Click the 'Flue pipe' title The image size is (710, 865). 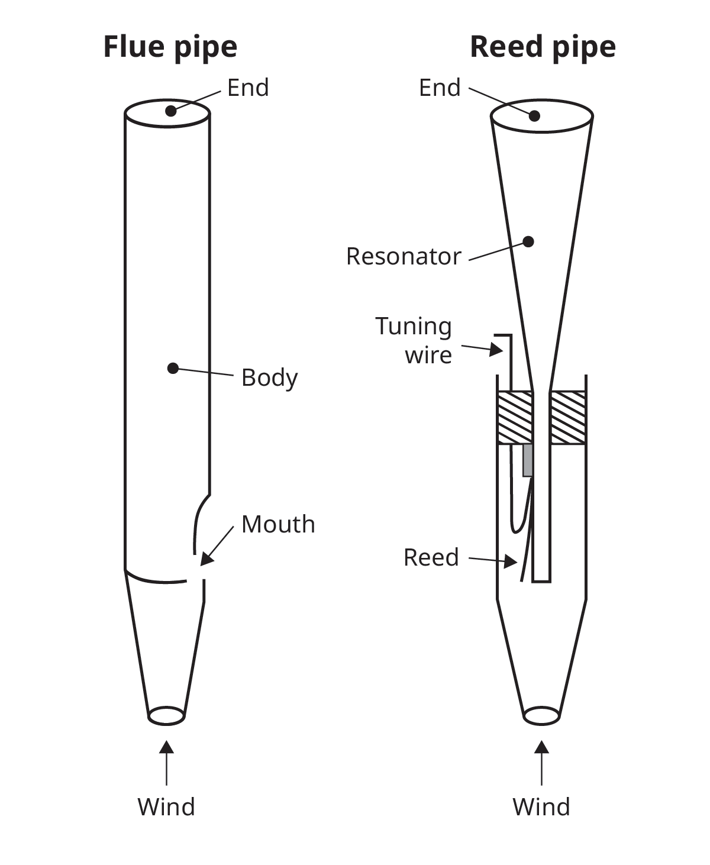tap(170, 47)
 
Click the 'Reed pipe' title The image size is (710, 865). tap(542, 47)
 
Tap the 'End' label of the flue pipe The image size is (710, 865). tap(248, 88)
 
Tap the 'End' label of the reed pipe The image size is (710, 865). tap(439, 88)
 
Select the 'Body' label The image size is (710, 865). tap(269, 377)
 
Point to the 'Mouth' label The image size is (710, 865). tap(278, 524)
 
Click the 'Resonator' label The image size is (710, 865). tap(403, 256)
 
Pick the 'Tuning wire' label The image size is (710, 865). tap(414, 340)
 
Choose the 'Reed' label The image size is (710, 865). tap(431, 557)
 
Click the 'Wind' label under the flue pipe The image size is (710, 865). tap(166, 806)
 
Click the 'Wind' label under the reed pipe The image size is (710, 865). tap(541, 806)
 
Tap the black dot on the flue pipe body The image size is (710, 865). tap(173, 368)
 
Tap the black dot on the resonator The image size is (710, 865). tap(528, 241)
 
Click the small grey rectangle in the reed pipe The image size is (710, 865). tap(528, 460)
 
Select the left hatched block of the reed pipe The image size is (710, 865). tap(515, 418)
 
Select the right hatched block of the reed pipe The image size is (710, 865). tap(568, 418)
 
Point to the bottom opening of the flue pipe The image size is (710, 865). tap(167, 715)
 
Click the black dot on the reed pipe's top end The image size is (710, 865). tap(534, 115)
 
